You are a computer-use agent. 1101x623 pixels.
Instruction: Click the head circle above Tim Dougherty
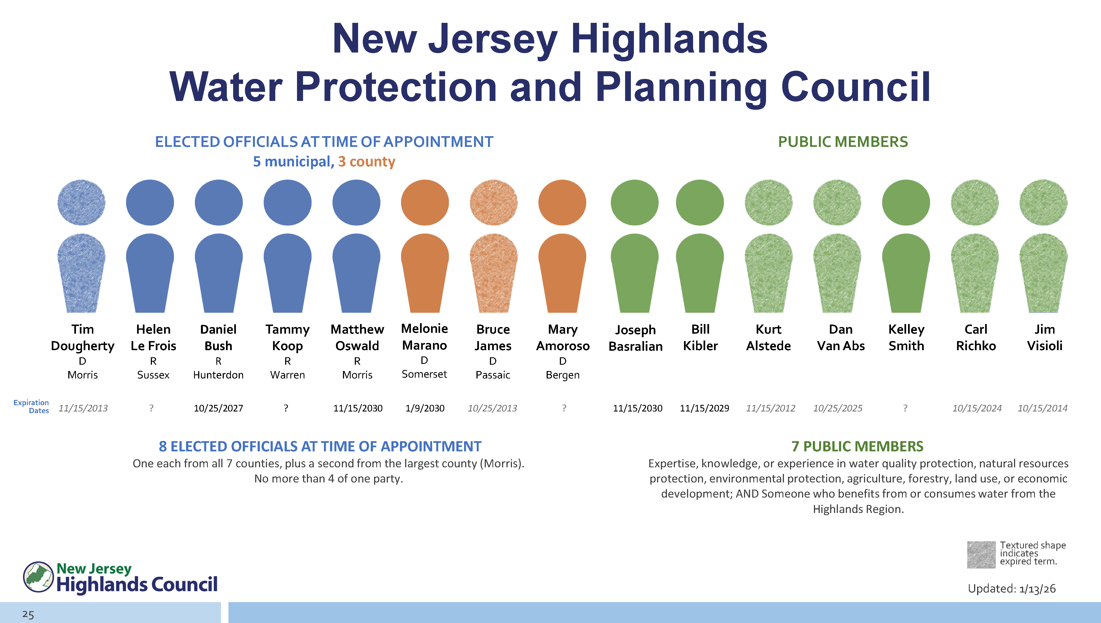coord(81,202)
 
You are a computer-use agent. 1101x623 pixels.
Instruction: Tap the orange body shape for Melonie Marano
coord(425,273)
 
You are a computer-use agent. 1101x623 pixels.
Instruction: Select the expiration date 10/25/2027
coord(218,408)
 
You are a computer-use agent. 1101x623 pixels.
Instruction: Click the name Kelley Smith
coord(906,337)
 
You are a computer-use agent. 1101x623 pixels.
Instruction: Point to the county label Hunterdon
coord(218,375)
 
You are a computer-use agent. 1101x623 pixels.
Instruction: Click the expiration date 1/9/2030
coord(425,408)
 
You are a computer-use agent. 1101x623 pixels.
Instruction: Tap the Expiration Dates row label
coord(31,407)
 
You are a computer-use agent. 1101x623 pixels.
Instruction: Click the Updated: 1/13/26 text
coord(1012,589)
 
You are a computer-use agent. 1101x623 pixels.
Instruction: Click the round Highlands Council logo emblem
coord(38,577)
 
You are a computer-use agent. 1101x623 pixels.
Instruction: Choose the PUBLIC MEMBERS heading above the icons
coord(843,142)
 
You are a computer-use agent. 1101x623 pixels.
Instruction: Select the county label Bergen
coord(563,375)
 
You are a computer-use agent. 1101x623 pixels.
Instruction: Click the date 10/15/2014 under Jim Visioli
coord(1042,408)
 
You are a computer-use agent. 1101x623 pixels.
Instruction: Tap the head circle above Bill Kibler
coord(700,202)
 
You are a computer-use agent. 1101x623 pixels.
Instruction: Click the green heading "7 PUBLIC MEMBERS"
coord(857,446)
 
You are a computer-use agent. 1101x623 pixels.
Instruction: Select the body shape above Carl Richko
coord(975,273)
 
